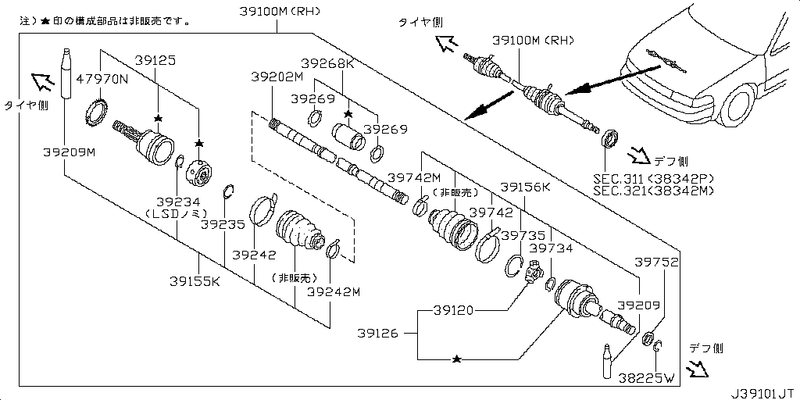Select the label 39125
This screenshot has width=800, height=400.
pos(155,59)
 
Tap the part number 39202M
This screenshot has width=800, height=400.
pos(277,77)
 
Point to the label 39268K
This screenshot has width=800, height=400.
pos(327,64)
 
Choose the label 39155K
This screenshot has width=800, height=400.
pos(195,281)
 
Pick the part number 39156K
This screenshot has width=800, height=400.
pos(526,187)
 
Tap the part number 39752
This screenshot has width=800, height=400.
pos(656,262)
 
